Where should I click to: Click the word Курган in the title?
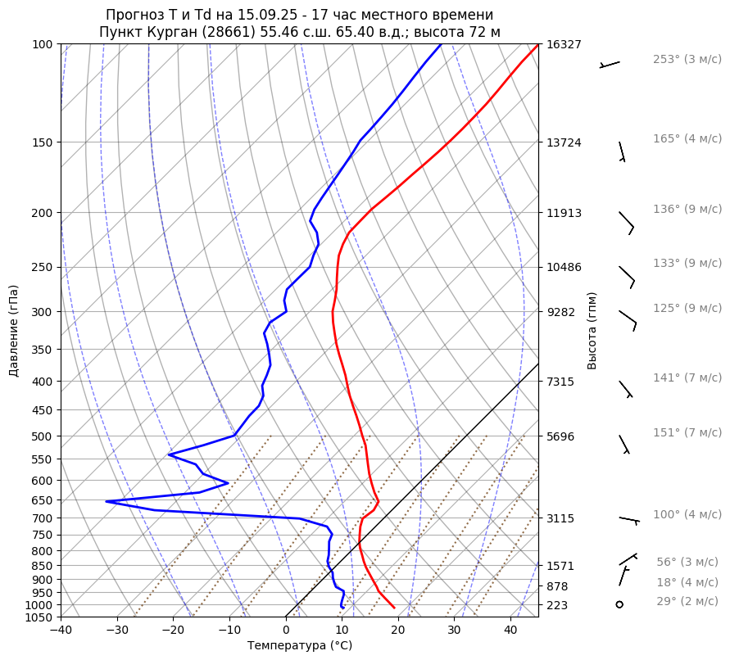point(188,32)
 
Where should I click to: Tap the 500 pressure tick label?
point(42,436)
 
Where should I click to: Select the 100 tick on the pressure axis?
point(42,44)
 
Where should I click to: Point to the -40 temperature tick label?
point(61,631)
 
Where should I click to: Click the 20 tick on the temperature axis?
point(398,631)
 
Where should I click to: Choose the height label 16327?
point(564,44)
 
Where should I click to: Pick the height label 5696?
point(564,436)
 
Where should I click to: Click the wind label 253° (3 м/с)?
point(687,60)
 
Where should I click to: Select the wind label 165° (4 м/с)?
point(687,139)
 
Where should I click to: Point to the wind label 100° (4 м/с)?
point(687,515)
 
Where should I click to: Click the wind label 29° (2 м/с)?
point(687,602)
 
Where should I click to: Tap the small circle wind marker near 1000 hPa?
point(619,604)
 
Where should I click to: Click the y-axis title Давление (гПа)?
point(14,331)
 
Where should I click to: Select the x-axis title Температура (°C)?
point(300,646)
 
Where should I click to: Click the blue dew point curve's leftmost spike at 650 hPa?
point(107,501)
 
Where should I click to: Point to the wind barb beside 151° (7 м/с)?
point(624,444)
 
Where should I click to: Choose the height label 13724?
point(564,142)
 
